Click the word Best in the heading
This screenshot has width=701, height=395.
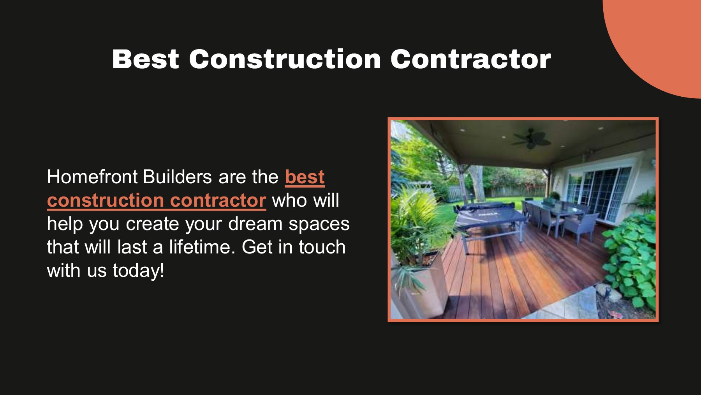[x=145, y=59]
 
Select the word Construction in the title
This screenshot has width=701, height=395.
[x=285, y=59]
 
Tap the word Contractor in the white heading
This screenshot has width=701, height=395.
[x=470, y=59]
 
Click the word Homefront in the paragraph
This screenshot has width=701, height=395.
[x=92, y=177]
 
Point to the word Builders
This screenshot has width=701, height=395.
[x=177, y=177]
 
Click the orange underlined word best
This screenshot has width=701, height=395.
[x=305, y=177]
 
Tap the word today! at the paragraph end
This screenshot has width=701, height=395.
[x=138, y=270]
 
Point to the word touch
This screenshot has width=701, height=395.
[x=322, y=247]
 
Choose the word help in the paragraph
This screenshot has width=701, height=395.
[x=65, y=224]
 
